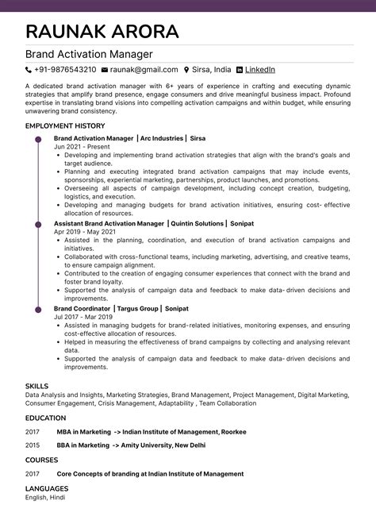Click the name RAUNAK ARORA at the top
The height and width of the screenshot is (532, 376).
click(x=102, y=32)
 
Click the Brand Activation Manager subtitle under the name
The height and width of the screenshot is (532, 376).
click(x=90, y=55)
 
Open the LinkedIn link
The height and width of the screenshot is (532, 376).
click(x=260, y=70)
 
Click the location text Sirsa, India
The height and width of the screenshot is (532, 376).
click(x=212, y=70)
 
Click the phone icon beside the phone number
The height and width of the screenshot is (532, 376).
click(x=29, y=70)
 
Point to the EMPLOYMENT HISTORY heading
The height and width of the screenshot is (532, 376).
click(x=65, y=126)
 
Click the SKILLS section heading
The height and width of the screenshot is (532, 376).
click(x=36, y=386)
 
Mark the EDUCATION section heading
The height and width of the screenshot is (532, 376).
click(x=45, y=417)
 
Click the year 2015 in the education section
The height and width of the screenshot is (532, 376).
click(x=32, y=445)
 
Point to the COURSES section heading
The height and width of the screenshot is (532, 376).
click(x=42, y=460)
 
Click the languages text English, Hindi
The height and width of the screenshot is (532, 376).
click(x=45, y=497)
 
